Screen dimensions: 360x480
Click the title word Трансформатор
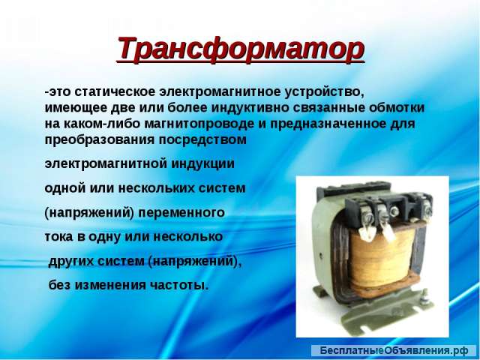[x=240, y=49]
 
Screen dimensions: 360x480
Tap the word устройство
[x=326, y=91]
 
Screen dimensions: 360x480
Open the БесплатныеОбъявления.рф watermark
[x=393, y=350]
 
